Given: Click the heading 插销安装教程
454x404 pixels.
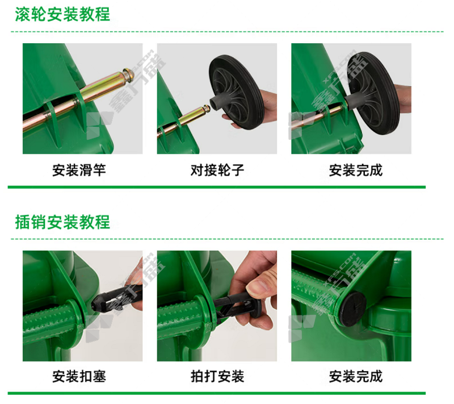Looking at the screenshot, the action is click(x=62, y=222).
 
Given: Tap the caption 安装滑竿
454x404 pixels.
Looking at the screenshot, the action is click(x=79, y=170).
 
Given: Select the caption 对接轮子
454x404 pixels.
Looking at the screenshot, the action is click(x=217, y=170).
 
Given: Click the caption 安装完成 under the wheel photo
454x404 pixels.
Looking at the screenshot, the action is click(x=356, y=170).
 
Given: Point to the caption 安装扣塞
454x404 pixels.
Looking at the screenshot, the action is click(x=79, y=377).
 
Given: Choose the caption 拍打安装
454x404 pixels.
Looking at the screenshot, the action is click(x=217, y=377).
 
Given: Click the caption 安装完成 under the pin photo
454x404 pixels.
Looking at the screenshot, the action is click(x=356, y=377).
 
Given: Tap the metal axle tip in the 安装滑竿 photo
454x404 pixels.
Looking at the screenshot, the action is click(x=128, y=74).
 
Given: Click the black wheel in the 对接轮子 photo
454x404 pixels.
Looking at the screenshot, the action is click(x=237, y=92).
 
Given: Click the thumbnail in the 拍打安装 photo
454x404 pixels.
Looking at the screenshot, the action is click(x=257, y=288).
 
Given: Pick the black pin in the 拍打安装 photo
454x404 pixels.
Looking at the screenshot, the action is click(x=236, y=306).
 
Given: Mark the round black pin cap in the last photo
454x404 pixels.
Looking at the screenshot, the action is click(x=352, y=309).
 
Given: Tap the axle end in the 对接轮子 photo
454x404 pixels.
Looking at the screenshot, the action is click(x=206, y=109).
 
